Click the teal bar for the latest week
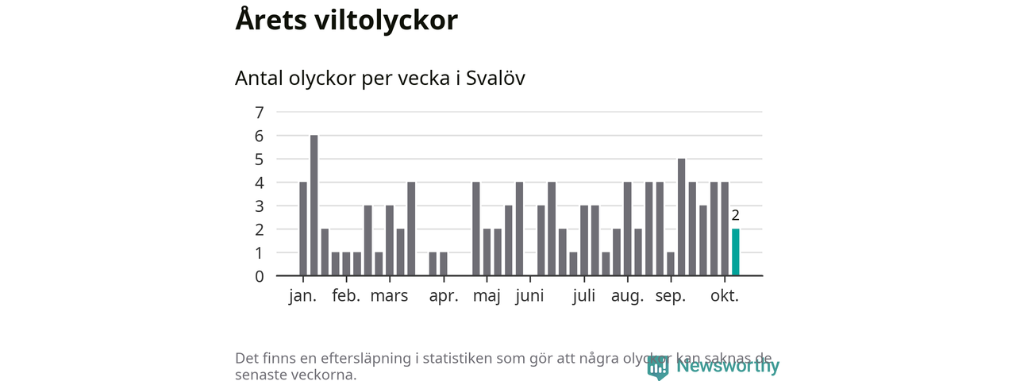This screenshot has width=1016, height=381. click(x=735, y=252)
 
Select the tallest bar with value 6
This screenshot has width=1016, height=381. click(x=314, y=206)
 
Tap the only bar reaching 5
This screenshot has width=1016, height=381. click(x=681, y=217)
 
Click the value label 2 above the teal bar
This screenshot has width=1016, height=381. click(x=735, y=215)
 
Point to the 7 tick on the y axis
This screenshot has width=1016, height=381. click(x=259, y=112)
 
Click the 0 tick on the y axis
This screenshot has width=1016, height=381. click(x=259, y=276)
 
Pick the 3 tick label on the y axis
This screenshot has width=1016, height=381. click(x=259, y=206)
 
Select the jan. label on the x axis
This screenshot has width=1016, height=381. click(x=302, y=296)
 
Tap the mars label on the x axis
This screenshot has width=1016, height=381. click(x=389, y=296)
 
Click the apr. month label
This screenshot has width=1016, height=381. click(x=444, y=296)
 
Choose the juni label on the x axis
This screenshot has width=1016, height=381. click(x=529, y=296)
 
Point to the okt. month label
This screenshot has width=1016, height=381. click(x=725, y=296)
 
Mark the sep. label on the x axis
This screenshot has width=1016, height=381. click(x=671, y=296)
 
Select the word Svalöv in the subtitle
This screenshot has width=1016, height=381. click(x=495, y=79)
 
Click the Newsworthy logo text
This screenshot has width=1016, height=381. click(x=727, y=366)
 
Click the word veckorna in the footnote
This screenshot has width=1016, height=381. click(x=325, y=374)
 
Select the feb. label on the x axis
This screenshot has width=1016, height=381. click(x=346, y=296)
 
